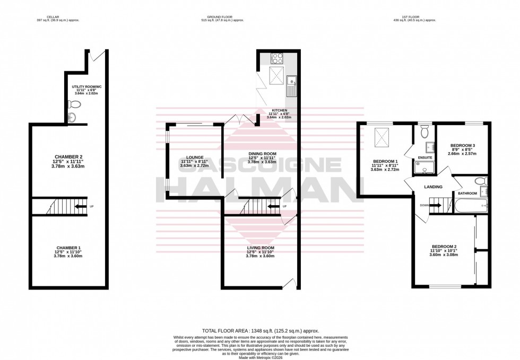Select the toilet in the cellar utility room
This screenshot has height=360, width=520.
(72, 105)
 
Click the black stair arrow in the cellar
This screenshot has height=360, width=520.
(80, 206)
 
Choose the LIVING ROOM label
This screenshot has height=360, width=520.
(261, 248)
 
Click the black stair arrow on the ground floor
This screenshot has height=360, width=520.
(273, 206)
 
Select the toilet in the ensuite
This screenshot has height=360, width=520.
(424, 133)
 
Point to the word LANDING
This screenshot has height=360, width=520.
(433, 187)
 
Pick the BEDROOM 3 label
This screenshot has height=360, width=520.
(463, 145)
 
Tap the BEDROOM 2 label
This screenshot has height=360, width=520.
(444, 247)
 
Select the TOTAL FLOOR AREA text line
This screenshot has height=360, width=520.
(259, 330)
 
